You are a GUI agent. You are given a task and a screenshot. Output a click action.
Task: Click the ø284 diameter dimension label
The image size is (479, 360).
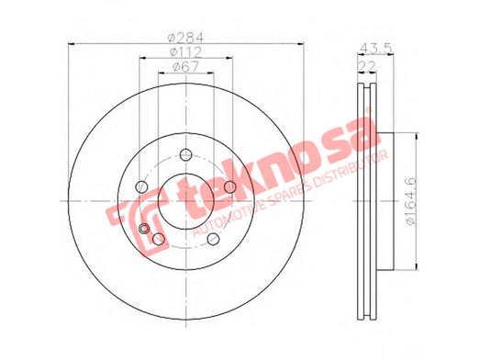pyautogui.click(x=186, y=38)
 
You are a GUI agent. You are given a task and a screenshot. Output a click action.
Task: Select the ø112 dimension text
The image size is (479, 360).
pyautogui.click(x=186, y=52)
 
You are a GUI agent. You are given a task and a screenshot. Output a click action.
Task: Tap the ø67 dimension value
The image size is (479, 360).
pyautogui.click(x=186, y=66)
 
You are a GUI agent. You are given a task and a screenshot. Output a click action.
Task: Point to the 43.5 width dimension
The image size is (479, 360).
pyautogui.click(x=376, y=48)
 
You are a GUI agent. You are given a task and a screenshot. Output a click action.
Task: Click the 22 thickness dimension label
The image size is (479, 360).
pyautogui.click(x=367, y=66)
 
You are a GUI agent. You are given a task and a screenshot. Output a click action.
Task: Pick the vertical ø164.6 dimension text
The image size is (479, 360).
pyautogui.click(x=411, y=201)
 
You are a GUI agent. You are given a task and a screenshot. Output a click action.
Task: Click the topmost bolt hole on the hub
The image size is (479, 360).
pyautogui.click(x=185, y=154)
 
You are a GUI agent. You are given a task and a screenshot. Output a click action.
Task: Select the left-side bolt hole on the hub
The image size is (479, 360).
pyautogui.click(x=141, y=186)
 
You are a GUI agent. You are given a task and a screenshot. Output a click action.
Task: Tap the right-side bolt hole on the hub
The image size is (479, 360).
pyautogui.click(x=230, y=186)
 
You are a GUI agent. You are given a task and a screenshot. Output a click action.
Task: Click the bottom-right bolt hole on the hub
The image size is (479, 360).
pyautogui.click(x=213, y=239)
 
